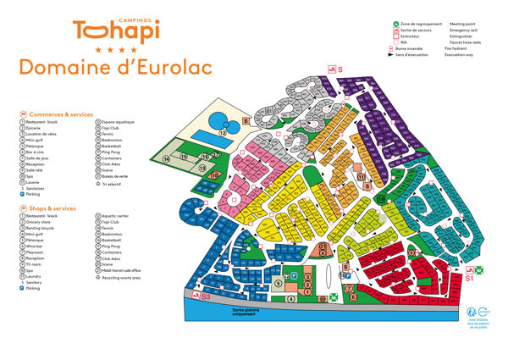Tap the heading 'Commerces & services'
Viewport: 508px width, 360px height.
click(x=61, y=114)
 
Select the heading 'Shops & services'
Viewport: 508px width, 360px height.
click(x=53, y=208)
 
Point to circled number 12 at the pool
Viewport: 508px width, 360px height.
click(x=223, y=133)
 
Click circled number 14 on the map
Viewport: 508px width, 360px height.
click(x=167, y=158)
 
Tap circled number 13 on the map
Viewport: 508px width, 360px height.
click(x=203, y=169)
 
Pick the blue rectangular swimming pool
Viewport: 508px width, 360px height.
click(x=203, y=136)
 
